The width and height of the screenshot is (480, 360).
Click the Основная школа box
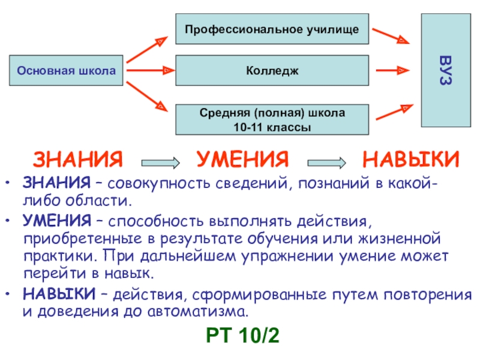tap(66, 71)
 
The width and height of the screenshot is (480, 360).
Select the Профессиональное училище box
tap(272, 29)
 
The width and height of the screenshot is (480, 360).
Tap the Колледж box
tap(272, 71)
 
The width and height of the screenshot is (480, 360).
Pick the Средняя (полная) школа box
tap(272, 119)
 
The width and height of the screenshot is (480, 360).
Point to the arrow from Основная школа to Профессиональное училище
tap(146, 49)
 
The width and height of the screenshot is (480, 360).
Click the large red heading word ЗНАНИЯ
tap(78, 160)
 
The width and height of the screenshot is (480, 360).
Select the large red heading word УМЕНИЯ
tap(243, 160)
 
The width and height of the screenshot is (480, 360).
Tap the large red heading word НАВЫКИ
tap(411, 160)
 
